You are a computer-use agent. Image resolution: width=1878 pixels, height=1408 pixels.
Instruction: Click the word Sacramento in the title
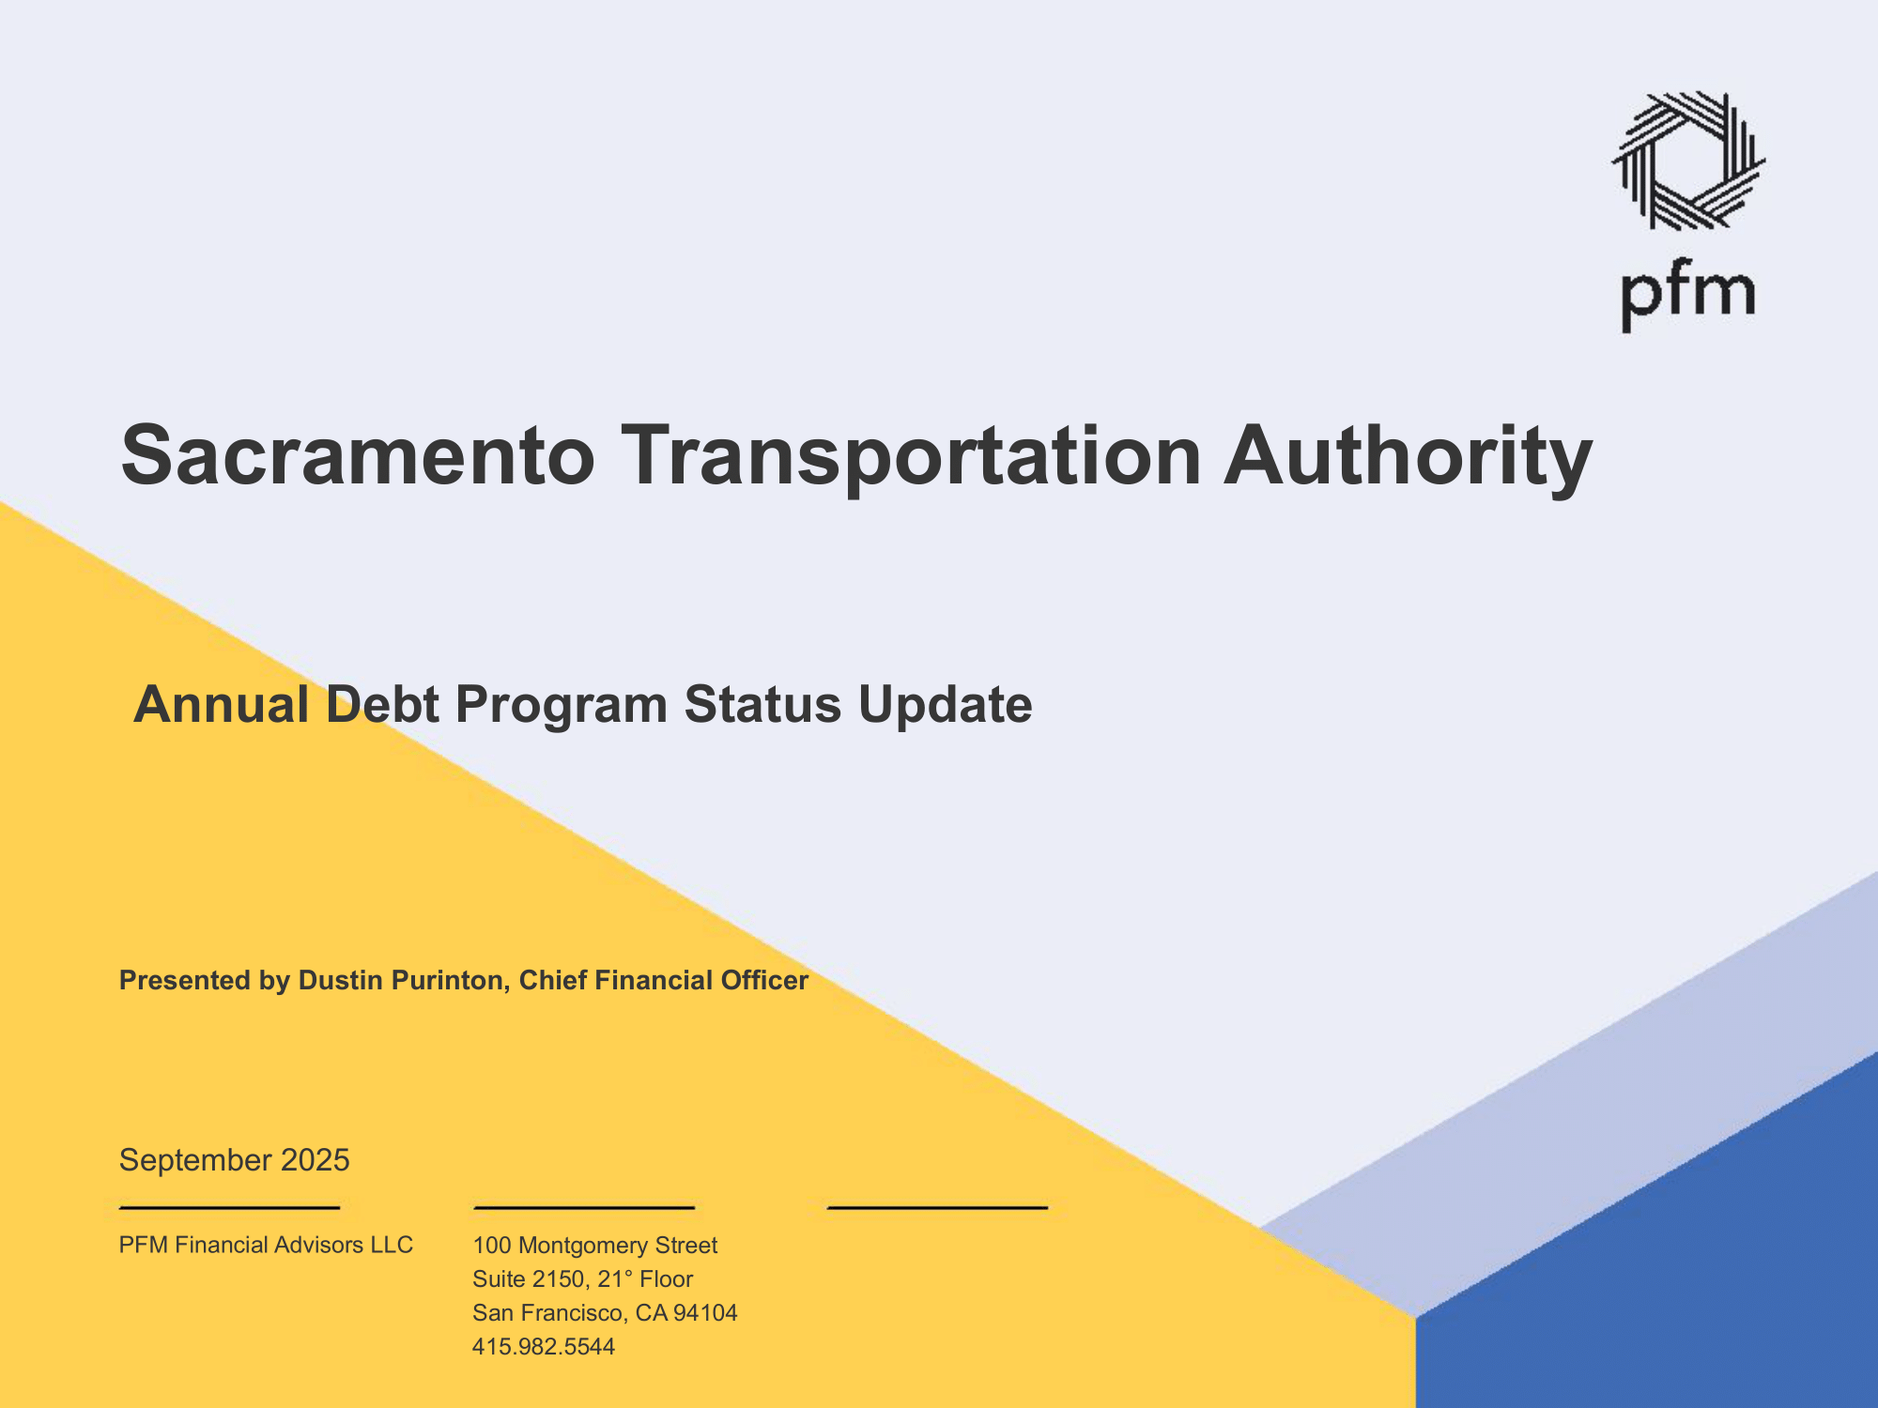[x=358, y=455]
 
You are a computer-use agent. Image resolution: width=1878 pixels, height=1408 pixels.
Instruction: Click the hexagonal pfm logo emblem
[x=1688, y=161]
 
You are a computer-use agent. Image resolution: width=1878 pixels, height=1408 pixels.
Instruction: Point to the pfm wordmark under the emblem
[x=1688, y=294]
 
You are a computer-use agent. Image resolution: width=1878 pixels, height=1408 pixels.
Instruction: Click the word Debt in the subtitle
[x=382, y=704]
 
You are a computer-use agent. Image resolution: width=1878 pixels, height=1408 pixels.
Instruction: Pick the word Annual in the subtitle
[x=222, y=704]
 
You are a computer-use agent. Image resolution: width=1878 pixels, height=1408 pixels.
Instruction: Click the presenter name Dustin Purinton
[x=404, y=980]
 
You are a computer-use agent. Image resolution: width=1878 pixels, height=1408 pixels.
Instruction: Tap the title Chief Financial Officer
[x=664, y=980]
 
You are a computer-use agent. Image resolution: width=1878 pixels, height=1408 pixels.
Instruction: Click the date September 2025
[x=234, y=1160]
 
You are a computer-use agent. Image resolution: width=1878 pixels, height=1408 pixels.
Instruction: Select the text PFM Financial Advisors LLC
[x=266, y=1245]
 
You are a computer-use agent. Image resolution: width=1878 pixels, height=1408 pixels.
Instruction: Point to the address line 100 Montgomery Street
[x=595, y=1246]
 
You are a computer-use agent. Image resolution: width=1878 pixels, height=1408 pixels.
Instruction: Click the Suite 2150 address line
[x=583, y=1278]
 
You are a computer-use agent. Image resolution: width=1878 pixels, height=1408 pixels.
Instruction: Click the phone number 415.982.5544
[x=544, y=1346]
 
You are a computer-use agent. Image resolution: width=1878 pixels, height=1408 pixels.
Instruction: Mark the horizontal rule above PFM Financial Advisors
[x=229, y=1207]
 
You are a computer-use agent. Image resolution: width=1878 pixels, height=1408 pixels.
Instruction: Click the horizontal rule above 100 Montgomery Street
[x=584, y=1207]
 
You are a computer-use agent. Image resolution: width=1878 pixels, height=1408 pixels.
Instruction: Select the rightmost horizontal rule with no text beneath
[x=937, y=1207]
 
